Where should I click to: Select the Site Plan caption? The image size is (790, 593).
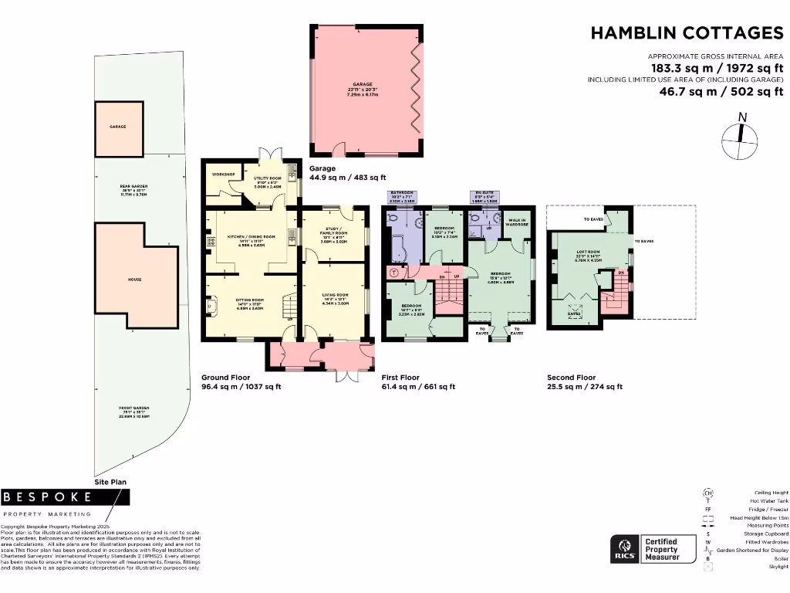pyautogui.click(x=110, y=481)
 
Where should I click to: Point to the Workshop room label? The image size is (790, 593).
pyautogui.click(x=223, y=175)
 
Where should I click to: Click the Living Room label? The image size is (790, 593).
pyautogui.click(x=335, y=298)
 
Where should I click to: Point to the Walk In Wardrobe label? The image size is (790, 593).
pyautogui.click(x=516, y=222)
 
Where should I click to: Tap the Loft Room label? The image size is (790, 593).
pyautogui.click(x=587, y=257)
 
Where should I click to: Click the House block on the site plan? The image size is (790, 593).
pyautogui.click(x=135, y=280)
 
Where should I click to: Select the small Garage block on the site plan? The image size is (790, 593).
pyautogui.click(x=118, y=127)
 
